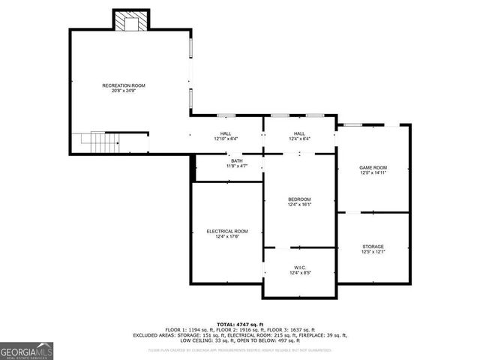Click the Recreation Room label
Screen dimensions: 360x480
[124, 85]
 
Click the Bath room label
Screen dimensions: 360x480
[237, 160]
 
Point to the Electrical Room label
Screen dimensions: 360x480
[226, 231]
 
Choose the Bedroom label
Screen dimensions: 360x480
[299, 199]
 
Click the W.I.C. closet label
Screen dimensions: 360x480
[299, 268]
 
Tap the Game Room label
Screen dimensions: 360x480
[373, 167]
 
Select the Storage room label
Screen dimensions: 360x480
[373, 247]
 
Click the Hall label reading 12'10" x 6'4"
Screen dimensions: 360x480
[226, 133]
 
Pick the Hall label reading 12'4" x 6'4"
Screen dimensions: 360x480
[299, 133]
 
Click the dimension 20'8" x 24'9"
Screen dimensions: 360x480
[124, 91]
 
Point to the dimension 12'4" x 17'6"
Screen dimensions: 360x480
[226, 237]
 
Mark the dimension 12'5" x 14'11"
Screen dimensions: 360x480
[373, 173]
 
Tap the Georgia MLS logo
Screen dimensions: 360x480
[27, 350]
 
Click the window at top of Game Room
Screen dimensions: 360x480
[352, 124]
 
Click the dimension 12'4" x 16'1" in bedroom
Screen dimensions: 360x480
[299, 204]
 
